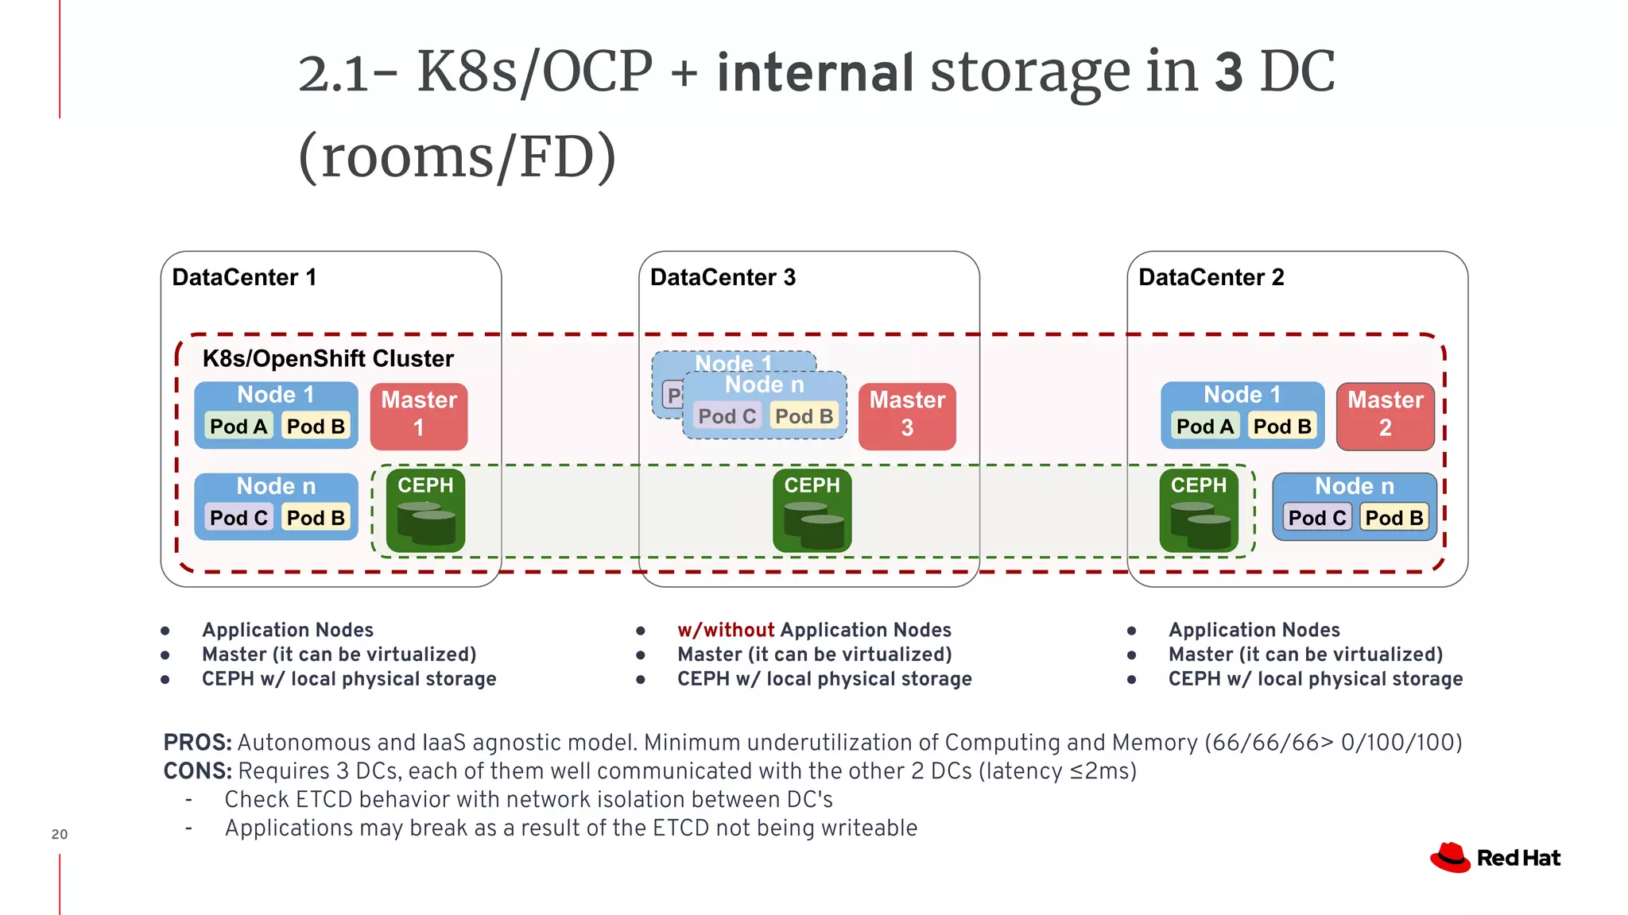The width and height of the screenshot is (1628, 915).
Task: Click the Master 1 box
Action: [419, 416]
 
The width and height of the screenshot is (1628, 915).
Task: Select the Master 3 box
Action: [907, 416]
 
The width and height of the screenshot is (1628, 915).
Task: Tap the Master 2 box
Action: [1385, 416]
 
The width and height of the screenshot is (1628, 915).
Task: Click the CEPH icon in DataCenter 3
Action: [812, 511]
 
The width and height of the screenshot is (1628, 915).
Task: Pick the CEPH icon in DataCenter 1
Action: [425, 511]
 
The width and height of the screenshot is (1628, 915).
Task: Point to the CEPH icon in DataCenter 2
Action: [1198, 511]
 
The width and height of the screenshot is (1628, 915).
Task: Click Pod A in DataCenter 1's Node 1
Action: [238, 426]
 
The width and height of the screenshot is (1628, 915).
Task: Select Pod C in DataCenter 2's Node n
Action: [1316, 517]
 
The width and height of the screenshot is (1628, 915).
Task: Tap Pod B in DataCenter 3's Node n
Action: [804, 415]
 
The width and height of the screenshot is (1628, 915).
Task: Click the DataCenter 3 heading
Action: [723, 277]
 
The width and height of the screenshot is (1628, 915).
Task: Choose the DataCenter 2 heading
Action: [1211, 277]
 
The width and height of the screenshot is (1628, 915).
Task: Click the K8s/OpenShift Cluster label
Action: [328, 358]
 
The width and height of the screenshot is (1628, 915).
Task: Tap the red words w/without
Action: [725, 630]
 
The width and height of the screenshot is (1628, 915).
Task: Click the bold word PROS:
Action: [197, 743]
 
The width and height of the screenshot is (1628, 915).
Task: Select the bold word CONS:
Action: [197, 771]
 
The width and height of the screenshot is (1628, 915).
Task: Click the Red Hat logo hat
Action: [1450, 858]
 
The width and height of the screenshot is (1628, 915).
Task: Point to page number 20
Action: [60, 834]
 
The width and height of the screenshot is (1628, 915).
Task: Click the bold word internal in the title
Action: [815, 72]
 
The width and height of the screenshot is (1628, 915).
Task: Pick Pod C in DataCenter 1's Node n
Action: [238, 517]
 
